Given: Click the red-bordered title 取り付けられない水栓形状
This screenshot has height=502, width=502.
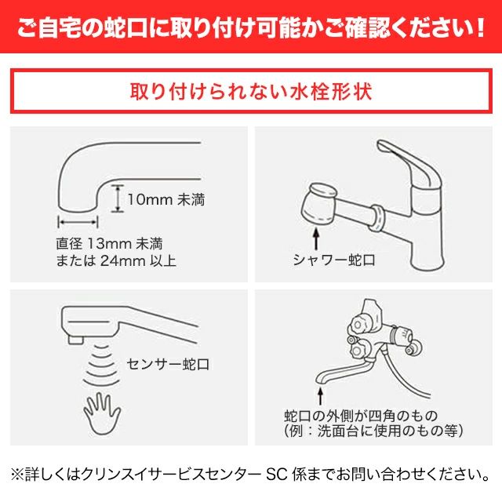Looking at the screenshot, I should click(x=251, y=91).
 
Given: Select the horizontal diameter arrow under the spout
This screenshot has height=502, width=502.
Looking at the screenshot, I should click(x=77, y=222).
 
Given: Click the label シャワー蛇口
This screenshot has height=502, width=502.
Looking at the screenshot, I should click(x=335, y=257).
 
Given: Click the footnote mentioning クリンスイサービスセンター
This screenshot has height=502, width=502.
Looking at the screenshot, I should click(x=251, y=475).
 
